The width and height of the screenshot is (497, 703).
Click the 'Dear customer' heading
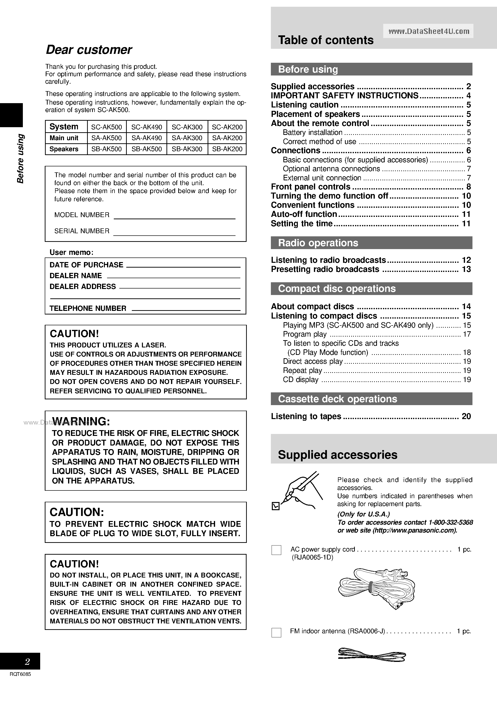click(x=89, y=50)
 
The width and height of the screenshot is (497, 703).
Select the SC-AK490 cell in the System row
click(x=147, y=127)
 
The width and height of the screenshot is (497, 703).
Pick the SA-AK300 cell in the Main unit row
click(x=187, y=138)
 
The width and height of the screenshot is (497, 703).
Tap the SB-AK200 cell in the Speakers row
click(x=227, y=149)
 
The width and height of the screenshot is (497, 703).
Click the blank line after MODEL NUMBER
click(x=174, y=216)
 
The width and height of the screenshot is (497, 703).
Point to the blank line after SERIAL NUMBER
click(x=174, y=232)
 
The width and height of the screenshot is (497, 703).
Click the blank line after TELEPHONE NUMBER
click(x=186, y=308)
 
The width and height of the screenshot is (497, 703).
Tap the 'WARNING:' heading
click(x=81, y=422)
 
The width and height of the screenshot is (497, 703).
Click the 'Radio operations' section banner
click(x=371, y=243)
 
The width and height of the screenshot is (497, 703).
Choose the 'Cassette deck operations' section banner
click(x=371, y=399)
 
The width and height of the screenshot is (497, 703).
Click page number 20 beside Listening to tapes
click(x=466, y=416)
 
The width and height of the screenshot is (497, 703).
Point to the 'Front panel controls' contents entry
click(x=310, y=187)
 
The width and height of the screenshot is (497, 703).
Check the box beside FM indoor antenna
click(x=276, y=633)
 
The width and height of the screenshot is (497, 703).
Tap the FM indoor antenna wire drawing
click(x=372, y=655)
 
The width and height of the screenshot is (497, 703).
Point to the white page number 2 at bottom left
click(x=27, y=662)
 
